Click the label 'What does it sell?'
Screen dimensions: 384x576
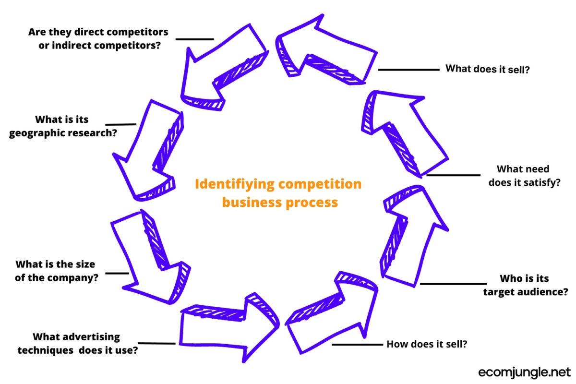point(487,69)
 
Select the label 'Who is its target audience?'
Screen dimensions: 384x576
point(525,285)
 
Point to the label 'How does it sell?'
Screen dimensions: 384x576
point(427,344)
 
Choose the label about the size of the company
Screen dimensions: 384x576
point(56,271)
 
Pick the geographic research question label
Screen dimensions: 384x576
point(62,126)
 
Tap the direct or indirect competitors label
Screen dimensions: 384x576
point(98,39)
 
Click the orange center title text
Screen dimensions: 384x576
point(279,193)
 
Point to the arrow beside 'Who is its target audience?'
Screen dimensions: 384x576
point(413,235)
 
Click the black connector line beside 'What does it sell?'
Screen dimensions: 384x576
point(408,70)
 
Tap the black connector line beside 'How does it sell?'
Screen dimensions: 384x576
point(358,345)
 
